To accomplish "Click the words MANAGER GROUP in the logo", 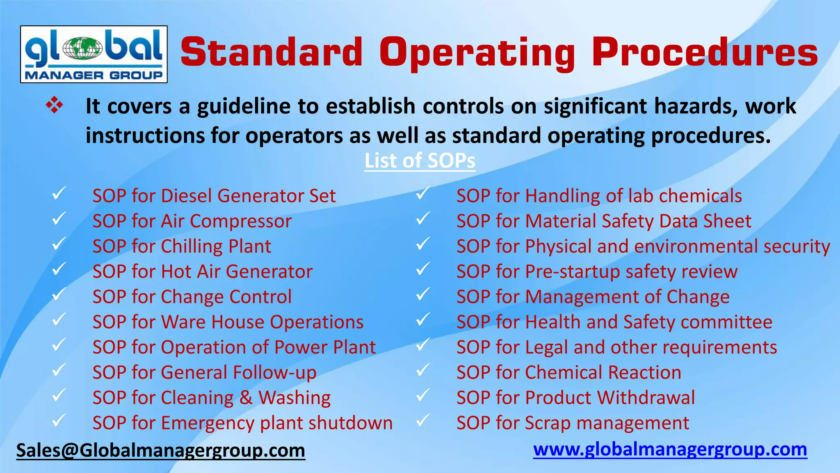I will (x=94, y=75).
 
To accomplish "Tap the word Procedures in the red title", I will (x=705, y=53).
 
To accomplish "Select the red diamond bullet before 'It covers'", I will (x=55, y=106).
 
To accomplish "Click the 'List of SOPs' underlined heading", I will (x=420, y=161).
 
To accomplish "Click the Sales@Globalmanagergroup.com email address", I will (x=160, y=450).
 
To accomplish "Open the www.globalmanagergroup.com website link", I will (x=670, y=450).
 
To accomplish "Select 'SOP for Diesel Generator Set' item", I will (x=214, y=196).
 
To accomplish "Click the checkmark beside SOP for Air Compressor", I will (x=59, y=218).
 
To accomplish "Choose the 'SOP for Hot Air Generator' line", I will (x=202, y=272).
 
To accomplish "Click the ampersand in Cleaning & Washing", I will (x=246, y=398).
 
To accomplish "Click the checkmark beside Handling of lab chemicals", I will (x=423, y=193).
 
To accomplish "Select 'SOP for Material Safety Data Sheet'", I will (x=603, y=221).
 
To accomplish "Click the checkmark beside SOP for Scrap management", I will (x=423, y=420).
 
